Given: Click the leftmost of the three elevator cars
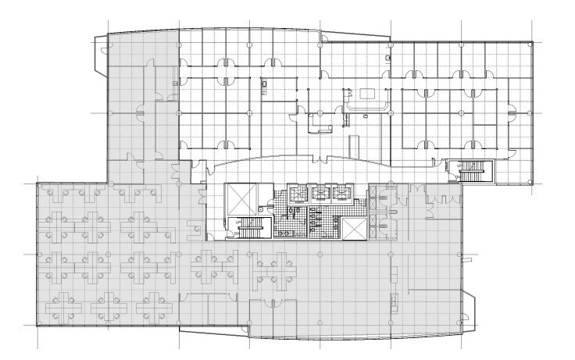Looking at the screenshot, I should [x=298, y=193].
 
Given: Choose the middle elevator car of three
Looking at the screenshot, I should [x=320, y=193].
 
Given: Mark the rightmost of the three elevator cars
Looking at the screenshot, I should [x=341, y=193].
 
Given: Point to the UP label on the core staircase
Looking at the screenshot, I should [x=238, y=223].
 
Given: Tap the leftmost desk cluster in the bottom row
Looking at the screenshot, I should [x=66, y=305].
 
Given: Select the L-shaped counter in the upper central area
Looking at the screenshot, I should [x=320, y=123].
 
